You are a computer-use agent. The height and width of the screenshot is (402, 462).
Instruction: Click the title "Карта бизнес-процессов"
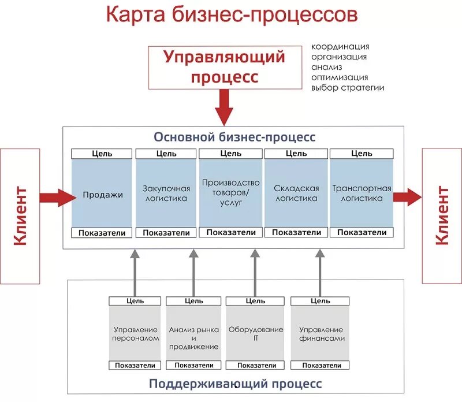point(230,16)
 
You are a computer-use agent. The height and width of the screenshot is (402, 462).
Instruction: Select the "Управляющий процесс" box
point(225,67)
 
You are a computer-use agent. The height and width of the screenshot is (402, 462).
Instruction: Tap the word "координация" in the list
point(340,46)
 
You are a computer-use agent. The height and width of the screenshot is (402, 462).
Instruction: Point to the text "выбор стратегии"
point(348,88)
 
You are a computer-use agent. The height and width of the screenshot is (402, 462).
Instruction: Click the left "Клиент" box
point(20,215)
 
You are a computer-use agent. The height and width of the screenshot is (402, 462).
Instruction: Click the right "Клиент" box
point(442,215)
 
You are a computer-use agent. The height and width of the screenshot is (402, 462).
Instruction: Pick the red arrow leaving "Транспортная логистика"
point(408,196)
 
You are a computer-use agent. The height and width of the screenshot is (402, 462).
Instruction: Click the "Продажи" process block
point(102,195)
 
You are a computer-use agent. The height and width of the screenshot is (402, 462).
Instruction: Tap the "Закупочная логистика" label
point(166,193)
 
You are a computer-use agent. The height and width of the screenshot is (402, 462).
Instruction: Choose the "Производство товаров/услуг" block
point(230,193)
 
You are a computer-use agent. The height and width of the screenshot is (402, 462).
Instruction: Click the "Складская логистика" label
point(296,193)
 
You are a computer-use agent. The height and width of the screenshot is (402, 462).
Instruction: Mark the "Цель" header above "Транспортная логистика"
point(362,154)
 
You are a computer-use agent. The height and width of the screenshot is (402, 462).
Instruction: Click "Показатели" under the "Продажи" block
point(102,232)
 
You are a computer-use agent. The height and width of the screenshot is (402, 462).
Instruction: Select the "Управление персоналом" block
point(135,333)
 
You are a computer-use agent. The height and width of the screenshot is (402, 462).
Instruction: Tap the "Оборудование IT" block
point(255,333)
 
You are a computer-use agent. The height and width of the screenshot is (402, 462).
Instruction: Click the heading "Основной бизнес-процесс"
point(234,137)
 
